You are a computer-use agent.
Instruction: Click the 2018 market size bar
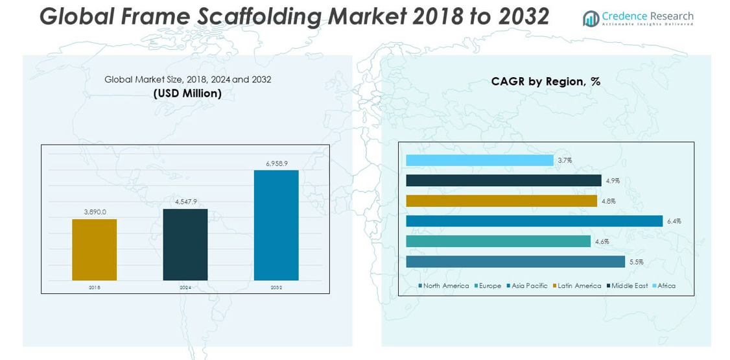94,250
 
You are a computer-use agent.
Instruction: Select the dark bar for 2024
185,245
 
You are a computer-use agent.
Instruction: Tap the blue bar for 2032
276,225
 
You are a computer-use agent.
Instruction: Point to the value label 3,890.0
95,212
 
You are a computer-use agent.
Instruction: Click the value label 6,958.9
276,163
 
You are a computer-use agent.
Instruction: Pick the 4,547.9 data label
185,202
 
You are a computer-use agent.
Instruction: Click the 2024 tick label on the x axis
185,287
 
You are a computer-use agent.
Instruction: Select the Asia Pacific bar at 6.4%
534,221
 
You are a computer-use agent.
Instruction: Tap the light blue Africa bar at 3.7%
479,160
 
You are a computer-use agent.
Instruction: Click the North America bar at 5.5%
515,262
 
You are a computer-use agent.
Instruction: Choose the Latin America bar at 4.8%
501,201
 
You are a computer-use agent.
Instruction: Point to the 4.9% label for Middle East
613,181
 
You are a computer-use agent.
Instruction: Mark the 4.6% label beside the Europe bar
602,242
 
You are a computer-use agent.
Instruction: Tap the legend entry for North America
444,286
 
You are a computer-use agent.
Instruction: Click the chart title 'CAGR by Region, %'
546,82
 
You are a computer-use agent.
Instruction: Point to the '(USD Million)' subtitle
187,93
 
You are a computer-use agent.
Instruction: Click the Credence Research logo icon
591,18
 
